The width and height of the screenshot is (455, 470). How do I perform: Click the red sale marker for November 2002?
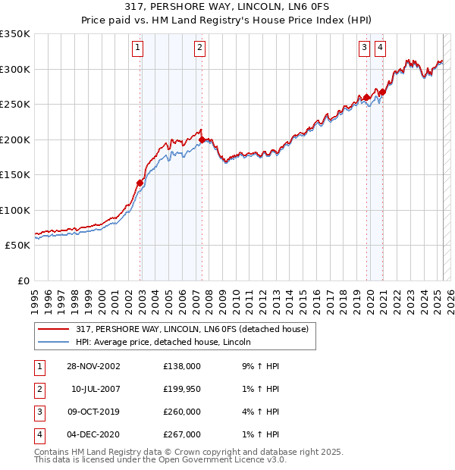click(x=140, y=183)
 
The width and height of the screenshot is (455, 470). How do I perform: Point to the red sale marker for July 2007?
click(x=202, y=139)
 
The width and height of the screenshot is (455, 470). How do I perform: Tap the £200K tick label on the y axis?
click(x=15, y=139)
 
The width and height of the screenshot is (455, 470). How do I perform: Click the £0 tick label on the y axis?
click(x=23, y=281)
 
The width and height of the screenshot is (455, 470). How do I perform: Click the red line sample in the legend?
click(x=53, y=330)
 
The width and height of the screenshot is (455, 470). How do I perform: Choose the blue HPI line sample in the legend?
click(x=53, y=343)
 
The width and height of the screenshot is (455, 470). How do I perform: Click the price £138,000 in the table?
click(x=182, y=366)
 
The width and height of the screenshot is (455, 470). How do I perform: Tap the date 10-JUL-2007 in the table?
click(x=96, y=389)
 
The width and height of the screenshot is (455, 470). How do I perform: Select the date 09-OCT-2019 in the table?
click(x=94, y=412)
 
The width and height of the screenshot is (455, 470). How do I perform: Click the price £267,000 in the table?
click(x=182, y=434)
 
